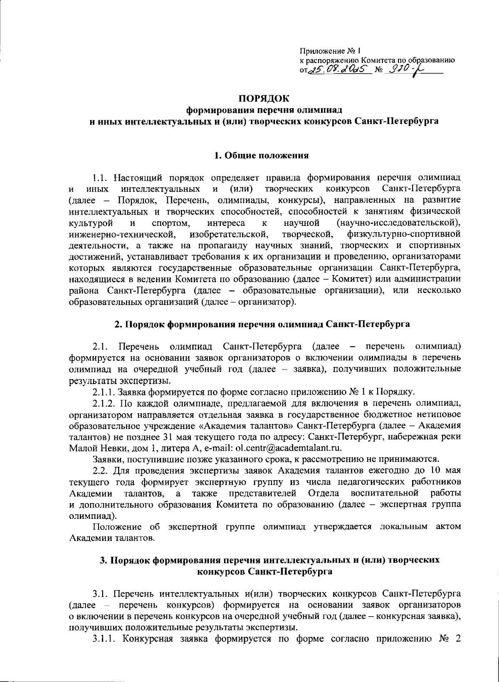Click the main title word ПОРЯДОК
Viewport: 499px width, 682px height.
coord(263,99)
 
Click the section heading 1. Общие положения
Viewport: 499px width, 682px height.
coord(261,156)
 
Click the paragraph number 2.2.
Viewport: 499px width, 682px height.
coord(101,470)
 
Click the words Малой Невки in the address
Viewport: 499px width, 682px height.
coord(94,448)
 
